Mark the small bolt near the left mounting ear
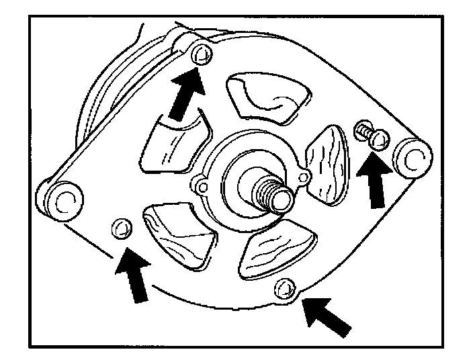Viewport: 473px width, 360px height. point(122,228)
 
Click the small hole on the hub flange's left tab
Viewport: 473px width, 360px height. point(199,183)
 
